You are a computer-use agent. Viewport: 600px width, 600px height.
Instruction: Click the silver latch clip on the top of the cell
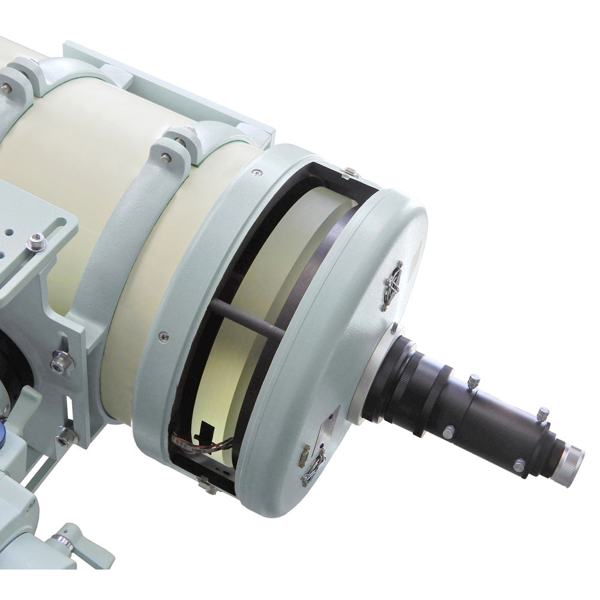(350, 173)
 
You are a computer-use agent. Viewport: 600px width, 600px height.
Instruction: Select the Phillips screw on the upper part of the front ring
(257, 173)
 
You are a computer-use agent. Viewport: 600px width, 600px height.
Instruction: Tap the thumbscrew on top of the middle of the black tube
(473, 380)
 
